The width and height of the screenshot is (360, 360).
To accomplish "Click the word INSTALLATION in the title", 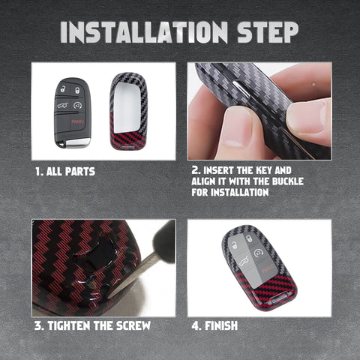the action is pos(144,32).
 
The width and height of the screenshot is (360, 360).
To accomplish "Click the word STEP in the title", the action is pos(268,32).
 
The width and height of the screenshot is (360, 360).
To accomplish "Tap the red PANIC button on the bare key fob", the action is pos(77,121).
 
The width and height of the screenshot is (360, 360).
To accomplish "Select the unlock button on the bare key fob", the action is pos(63,88).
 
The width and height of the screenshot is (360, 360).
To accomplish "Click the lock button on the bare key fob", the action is pos(78,90).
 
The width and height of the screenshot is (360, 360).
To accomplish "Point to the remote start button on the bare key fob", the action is pos(78,105).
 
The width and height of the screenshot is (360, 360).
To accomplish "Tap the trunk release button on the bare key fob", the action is pos(63,106).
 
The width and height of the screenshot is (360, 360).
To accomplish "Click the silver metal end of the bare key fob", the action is pos(77,142).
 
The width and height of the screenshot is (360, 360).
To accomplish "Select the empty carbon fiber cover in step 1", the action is pos(128,111).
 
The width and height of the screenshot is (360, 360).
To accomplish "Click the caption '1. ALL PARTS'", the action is pos(65,172).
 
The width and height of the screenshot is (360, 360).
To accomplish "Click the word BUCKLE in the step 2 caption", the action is pos(288,181).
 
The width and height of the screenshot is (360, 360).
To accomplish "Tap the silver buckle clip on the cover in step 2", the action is pos(241,88).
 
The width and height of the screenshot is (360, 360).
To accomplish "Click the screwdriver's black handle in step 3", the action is pos(164,242).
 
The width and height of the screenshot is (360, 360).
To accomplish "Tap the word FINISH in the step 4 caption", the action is pos(221,325).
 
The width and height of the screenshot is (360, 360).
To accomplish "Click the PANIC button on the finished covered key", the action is pos(268,270).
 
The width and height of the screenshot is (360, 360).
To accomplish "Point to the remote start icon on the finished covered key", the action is pos(258,253).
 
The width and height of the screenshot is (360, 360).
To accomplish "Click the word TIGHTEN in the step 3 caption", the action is pos(69,325).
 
